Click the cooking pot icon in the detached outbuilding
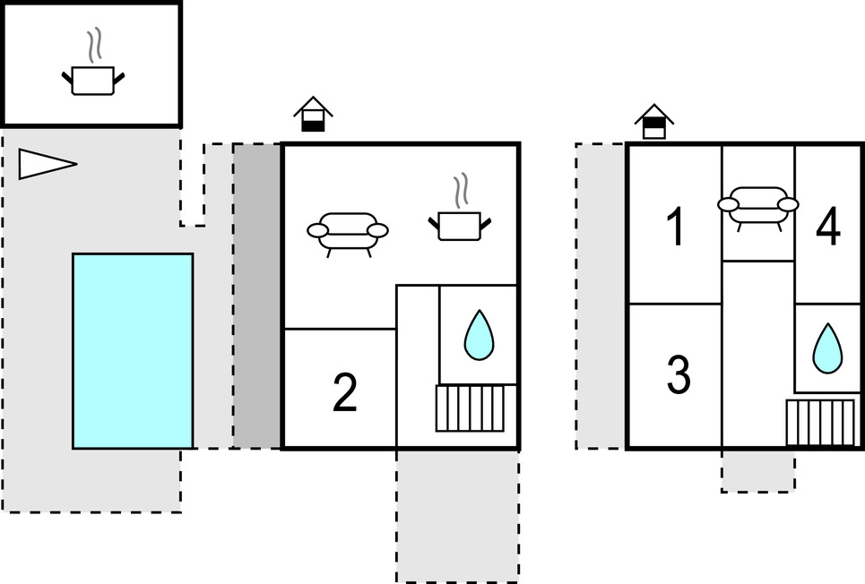92,78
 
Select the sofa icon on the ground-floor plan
348,231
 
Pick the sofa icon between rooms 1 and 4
757,205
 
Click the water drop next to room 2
479,335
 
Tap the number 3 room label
679,376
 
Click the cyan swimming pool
133,350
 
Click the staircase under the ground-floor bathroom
470,408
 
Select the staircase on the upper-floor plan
820,423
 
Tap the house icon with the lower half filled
313,116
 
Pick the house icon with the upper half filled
654,121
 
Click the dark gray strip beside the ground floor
257,296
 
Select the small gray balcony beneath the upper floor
758,470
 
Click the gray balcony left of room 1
600,296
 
